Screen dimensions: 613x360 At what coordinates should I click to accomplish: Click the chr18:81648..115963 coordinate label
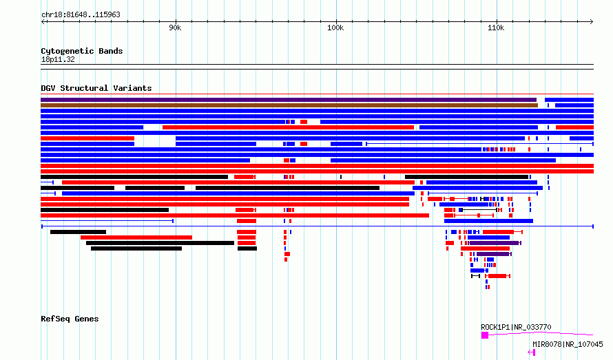(x=81, y=15)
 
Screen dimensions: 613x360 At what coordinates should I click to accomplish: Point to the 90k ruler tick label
(x=175, y=28)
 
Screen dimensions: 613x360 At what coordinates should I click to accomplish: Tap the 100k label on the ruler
(x=335, y=28)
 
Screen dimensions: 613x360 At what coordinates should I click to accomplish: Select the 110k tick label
(x=496, y=28)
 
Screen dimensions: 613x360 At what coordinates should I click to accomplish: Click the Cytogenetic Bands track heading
(x=82, y=51)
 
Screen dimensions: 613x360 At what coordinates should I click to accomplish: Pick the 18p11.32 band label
(x=58, y=59)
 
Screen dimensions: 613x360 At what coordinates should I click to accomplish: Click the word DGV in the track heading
(x=48, y=88)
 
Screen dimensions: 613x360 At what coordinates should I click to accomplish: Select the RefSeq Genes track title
(x=70, y=319)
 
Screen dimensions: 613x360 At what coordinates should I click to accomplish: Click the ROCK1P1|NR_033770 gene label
(x=516, y=327)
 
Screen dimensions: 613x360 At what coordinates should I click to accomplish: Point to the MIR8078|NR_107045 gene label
(x=568, y=344)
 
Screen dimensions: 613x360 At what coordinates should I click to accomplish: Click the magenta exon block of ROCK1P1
(x=485, y=335)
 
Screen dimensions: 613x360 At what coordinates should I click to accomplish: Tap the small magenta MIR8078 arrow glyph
(x=531, y=352)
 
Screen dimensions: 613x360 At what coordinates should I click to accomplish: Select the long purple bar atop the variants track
(x=289, y=100)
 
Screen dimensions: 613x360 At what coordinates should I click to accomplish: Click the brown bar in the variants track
(x=289, y=105)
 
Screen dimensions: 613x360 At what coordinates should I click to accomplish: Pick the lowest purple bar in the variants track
(x=493, y=254)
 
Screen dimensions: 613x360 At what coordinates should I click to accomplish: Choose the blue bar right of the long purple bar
(x=569, y=100)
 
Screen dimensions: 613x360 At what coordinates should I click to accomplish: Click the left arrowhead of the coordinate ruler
(x=43, y=21)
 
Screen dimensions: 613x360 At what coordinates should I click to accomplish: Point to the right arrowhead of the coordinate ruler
(x=592, y=21)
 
